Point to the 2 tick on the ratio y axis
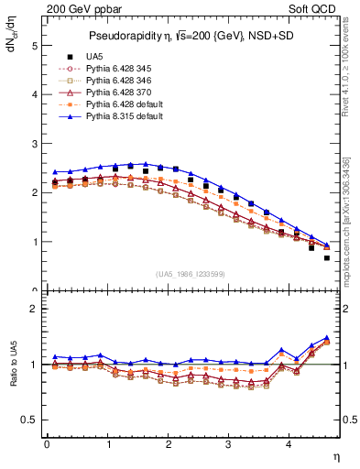35,309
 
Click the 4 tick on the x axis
289,445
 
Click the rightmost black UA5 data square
327,257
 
